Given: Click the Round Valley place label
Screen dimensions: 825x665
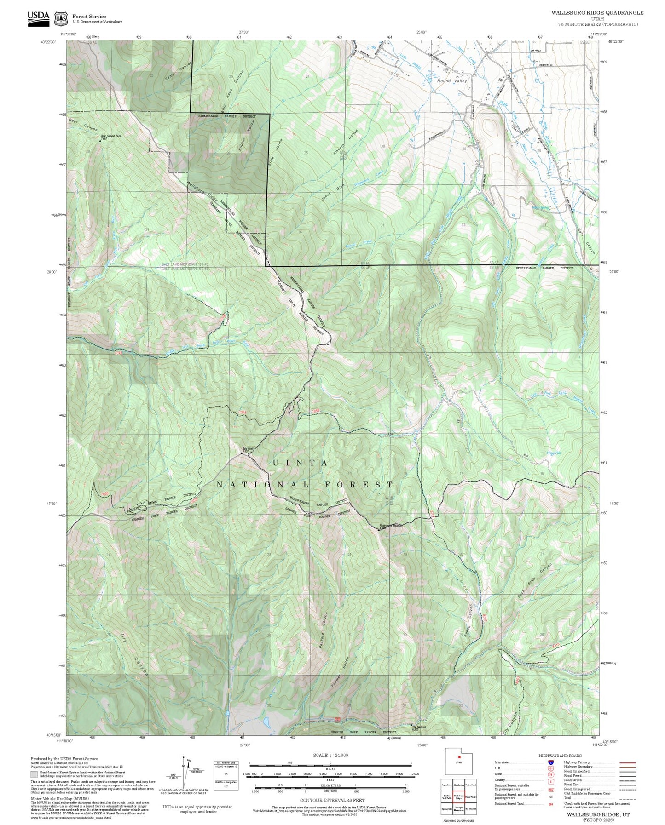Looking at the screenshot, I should [x=452, y=81].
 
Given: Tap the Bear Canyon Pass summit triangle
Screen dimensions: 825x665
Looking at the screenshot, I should [x=100, y=141].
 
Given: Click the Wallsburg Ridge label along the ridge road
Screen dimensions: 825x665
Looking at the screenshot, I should [x=202, y=193].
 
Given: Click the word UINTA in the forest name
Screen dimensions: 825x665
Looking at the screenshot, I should [x=300, y=463].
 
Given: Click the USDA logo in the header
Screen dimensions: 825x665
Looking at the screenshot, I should [x=38, y=18].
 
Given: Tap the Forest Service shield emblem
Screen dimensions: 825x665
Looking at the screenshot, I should [x=61, y=19].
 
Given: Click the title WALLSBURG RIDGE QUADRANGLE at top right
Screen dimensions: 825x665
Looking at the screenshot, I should [x=597, y=13].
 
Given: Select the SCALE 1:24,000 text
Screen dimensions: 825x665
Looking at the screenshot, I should [x=330, y=756].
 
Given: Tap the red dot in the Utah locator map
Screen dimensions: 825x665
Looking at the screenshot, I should [x=459, y=757].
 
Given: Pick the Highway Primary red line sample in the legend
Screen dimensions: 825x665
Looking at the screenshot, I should [x=627, y=762].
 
